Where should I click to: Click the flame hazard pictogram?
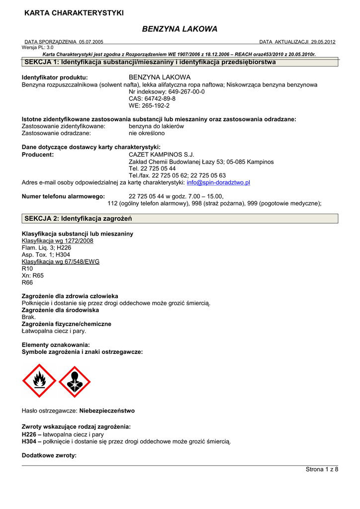(40, 381)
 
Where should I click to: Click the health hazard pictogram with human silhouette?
(75, 382)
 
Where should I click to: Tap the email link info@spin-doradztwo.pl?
(218, 182)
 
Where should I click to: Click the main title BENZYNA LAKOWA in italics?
(180, 29)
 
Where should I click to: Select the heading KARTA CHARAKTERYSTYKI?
(74, 12)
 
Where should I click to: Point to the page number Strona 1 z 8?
(322, 470)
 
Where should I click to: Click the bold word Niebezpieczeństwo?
(107, 411)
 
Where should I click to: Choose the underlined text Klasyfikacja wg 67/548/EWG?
(61, 261)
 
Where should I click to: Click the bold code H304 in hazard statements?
(30, 441)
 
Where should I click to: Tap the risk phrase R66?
(27, 282)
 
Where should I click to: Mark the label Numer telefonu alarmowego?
(63, 196)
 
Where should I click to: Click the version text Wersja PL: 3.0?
(37, 47)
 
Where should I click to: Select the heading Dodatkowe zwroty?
(49, 455)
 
